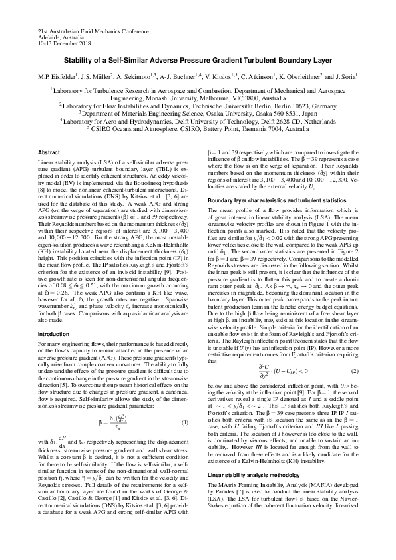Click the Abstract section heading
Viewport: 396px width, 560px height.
pyautogui.click(x=50, y=152)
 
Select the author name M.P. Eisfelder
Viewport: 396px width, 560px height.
pyautogui.click(x=59, y=77)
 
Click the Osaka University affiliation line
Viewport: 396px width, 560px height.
pyautogui.click(x=198, y=113)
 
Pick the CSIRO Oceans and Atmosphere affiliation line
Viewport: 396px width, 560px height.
pyautogui.click(x=198, y=129)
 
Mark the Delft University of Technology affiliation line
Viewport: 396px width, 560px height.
pyautogui.click(x=198, y=121)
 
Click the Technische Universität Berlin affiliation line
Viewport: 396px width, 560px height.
pyautogui.click(x=198, y=105)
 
